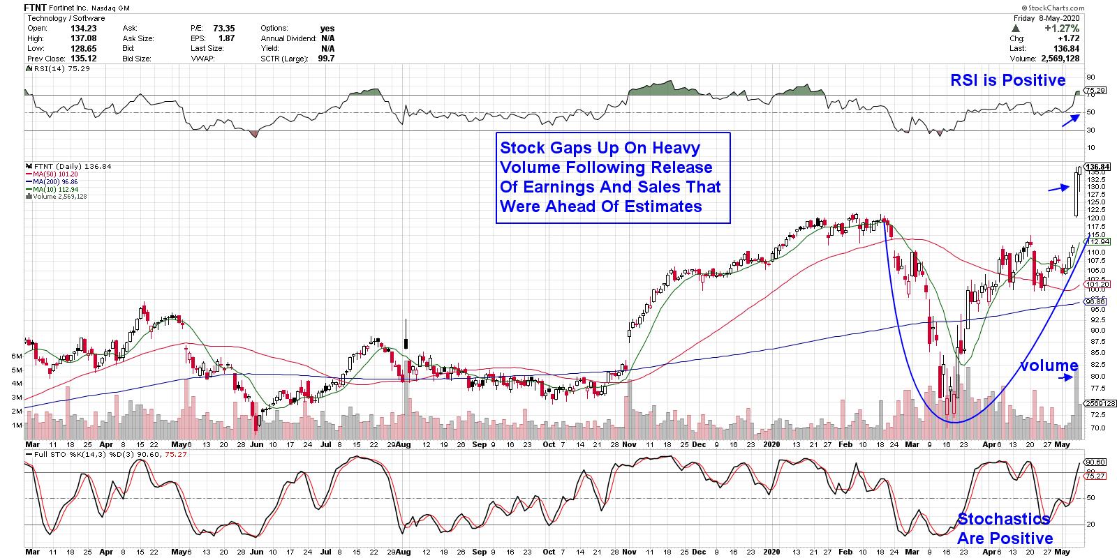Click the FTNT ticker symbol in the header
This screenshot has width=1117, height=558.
tap(36, 8)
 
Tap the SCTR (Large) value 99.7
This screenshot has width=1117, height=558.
tap(325, 59)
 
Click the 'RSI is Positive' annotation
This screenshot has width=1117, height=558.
tap(1007, 81)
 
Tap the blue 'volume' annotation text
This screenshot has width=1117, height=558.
tap(1049, 365)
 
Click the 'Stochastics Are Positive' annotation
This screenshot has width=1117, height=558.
tap(1005, 529)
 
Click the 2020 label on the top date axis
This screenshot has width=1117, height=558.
tap(771, 444)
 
